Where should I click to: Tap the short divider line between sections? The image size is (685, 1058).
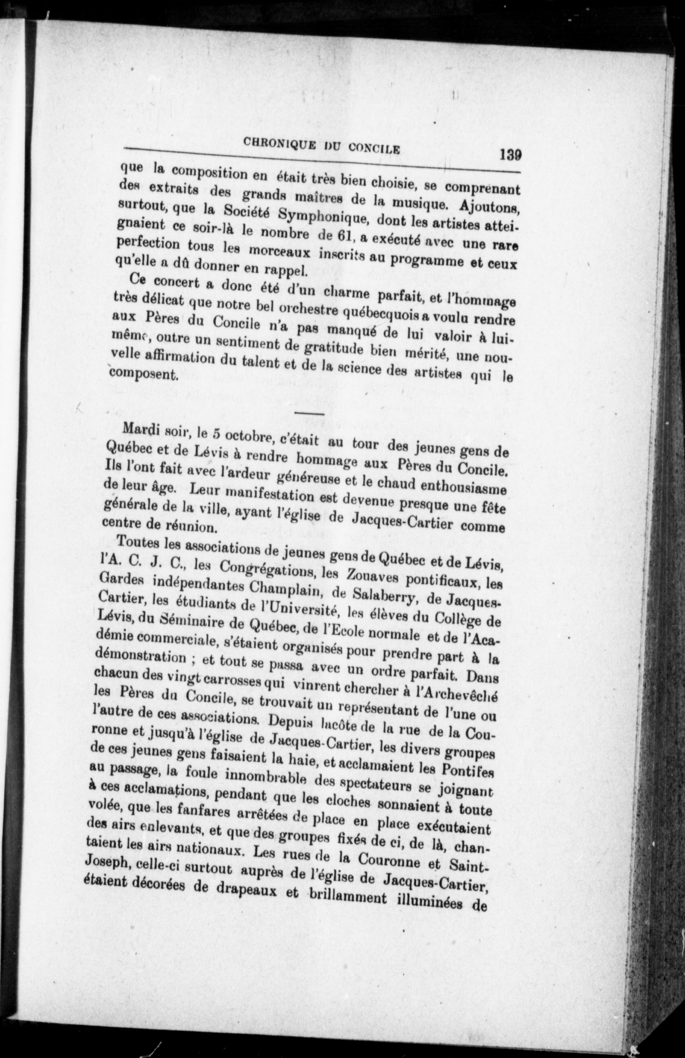310,414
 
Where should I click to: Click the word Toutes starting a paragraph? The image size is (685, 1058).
138,542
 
